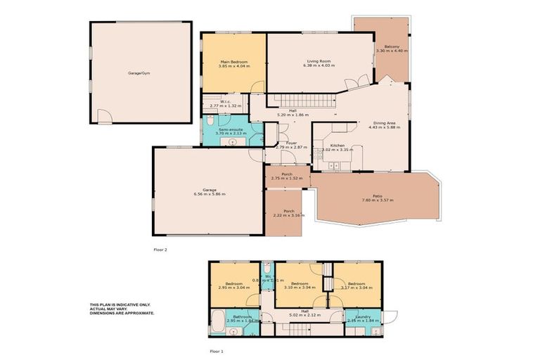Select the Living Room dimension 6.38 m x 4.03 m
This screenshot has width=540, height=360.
click(319, 65)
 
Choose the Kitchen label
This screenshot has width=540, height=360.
click(327, 145)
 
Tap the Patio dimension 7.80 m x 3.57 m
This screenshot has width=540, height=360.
click(378, 200)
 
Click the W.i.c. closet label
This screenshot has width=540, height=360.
click(226, 101)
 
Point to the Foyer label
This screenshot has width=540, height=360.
click(290, 142)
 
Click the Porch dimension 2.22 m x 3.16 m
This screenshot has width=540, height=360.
click(288, 215)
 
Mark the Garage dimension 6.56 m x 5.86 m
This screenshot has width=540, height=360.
click(210, 193)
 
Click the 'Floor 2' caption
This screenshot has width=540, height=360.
click(160, 249)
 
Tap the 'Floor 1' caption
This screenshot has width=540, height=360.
click(217, 349)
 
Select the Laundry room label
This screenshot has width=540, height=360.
click(363, 316)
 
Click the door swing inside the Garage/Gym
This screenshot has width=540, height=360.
click(103, 116)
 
